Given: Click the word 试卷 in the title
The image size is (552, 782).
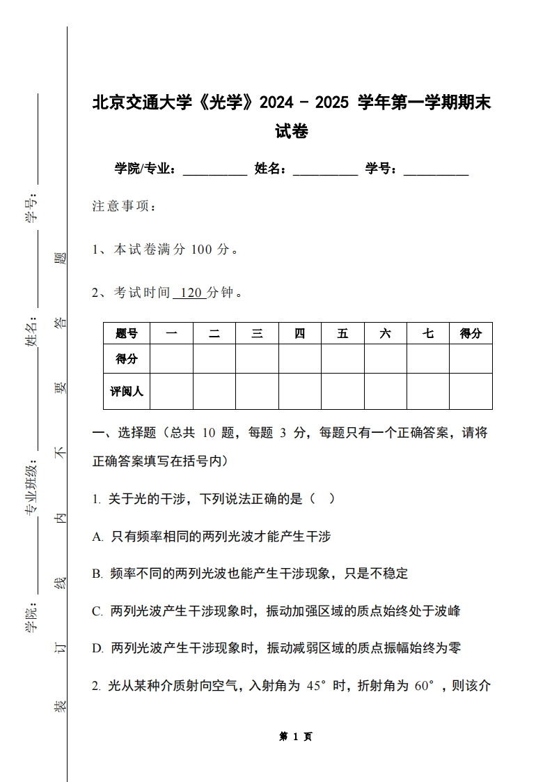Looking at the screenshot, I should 291,131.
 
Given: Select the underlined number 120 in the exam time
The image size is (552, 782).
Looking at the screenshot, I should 189,293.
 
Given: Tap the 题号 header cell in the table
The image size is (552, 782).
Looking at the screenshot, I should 127,334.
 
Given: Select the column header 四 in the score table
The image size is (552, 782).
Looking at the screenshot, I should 299,334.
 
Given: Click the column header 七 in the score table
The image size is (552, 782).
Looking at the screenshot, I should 428,334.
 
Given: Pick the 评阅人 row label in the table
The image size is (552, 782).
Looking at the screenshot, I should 127,391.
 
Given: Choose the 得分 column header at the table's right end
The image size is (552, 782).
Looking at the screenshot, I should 471,334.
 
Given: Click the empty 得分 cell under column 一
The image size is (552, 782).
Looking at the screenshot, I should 171,359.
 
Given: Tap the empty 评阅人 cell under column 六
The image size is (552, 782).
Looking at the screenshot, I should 385,391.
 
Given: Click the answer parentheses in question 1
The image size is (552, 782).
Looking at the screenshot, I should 322,499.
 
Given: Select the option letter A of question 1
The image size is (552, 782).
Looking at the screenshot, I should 97,537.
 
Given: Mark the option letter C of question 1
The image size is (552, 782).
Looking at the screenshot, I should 97,611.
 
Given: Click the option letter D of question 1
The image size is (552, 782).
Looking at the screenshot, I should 97,649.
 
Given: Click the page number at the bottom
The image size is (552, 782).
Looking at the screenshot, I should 295,736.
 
